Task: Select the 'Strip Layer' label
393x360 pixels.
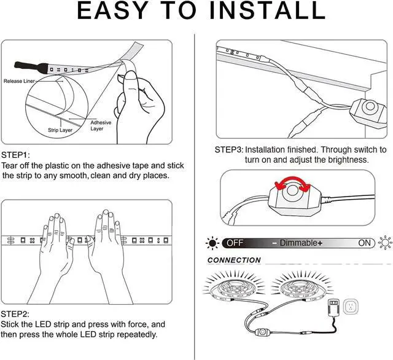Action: point(61,130)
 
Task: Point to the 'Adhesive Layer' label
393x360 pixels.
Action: point(101,125)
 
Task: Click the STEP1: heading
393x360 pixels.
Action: point(15,155)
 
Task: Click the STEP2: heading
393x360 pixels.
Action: point(15,313)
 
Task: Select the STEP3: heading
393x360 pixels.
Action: point(228,149)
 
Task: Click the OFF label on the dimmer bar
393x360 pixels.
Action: point(236,243)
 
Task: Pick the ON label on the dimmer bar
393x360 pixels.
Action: point(365,243)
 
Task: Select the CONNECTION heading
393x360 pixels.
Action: point(234,260)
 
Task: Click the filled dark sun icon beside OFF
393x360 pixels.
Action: point(212,243)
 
